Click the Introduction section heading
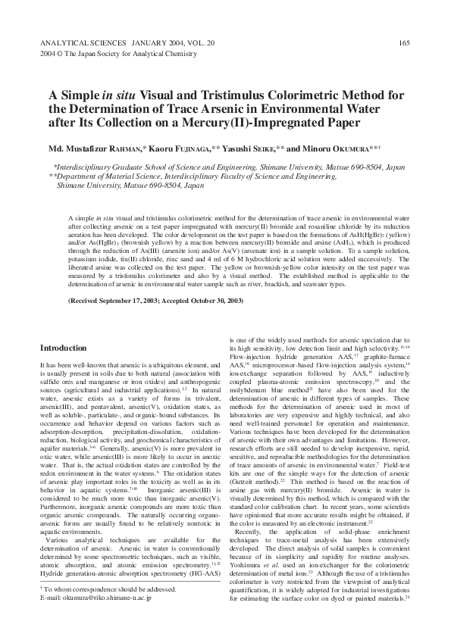coord(63,348)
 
